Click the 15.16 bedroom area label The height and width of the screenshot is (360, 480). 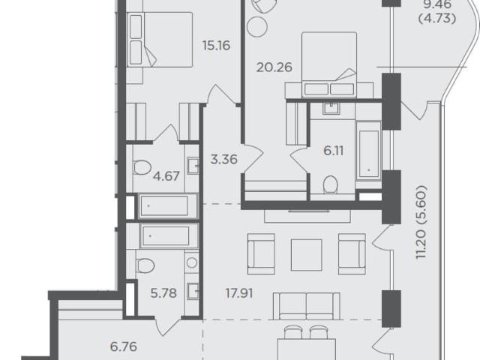(x=216, y=46)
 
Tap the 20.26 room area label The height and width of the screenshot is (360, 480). (x=274, y=67)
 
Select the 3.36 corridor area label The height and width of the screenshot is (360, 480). (x=224, y=160)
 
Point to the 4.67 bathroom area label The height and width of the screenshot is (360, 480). (x=166, y=176)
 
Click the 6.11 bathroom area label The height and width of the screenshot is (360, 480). (x=333, y=151)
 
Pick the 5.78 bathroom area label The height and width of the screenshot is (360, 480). (x=163, y=293)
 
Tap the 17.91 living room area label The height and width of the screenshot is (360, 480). (x=238, y=293)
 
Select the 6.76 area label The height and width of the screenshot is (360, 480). (x=123, y=346)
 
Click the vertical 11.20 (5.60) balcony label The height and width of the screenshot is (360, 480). (x=421, y=222)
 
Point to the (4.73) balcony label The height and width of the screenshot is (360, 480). (x=437, y=19)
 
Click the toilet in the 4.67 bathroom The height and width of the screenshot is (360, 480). (x=142, y=168)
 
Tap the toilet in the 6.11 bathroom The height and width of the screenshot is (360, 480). (x=330, y=184)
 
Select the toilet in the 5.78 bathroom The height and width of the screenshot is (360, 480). (x=145, y=265)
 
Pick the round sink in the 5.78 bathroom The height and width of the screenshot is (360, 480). (x=192, y=262)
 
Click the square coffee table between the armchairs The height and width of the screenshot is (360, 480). (x=306, y=255)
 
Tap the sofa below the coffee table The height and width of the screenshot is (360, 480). (x=307, y=306)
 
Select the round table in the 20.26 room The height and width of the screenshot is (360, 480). (x=257, y=27)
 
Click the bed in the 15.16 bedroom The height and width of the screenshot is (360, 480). (x=160, y=39)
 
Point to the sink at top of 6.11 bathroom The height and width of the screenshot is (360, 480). (x=331, y=109)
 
